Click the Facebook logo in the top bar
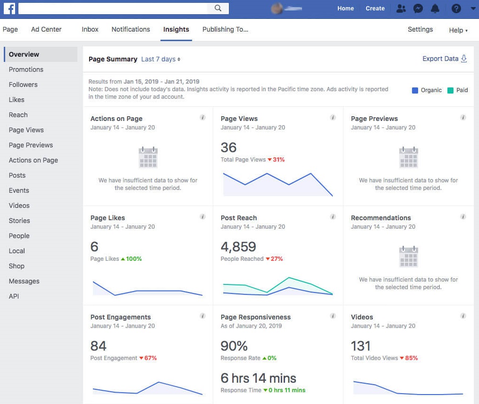coord(9,9)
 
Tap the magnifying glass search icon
coord(218,8)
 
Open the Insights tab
coord(176,29)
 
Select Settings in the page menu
coord(420,29)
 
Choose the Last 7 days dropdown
coord(160,59)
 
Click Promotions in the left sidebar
coord(26,69)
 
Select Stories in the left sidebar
coord(19,221)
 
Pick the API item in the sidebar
coord(14,296)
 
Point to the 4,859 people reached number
coord(238,247)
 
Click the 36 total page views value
coord(228,147)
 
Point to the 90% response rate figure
coord(234,346)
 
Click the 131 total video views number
coord(361,346)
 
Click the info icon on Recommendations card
coord(463,217)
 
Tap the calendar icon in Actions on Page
coord(148,157)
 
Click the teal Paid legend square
coord(450,90)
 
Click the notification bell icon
coord(435,9)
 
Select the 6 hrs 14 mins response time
coord(258,378)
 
